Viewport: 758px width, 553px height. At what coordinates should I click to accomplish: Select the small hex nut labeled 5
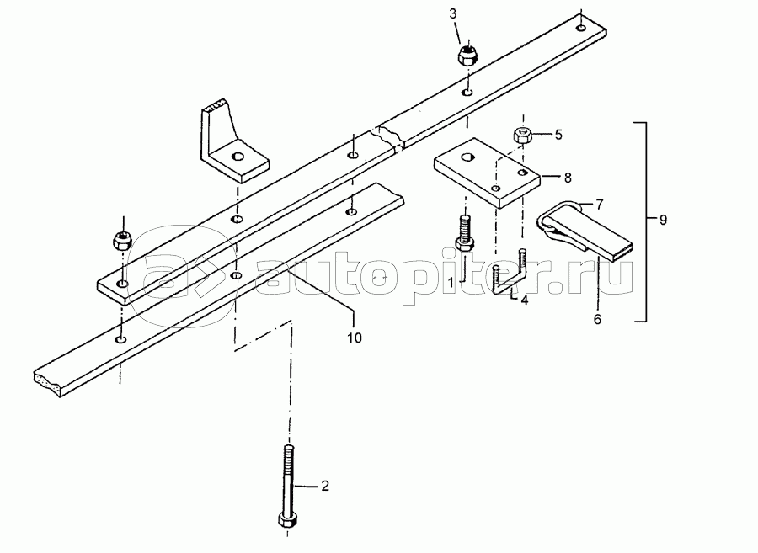click(x=521, y=133)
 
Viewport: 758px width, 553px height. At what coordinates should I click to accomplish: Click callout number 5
click(x=556, y=133)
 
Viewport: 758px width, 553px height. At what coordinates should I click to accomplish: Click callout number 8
click(x=567, y=178)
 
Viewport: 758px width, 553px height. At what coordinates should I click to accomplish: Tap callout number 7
click(x=601, y=205)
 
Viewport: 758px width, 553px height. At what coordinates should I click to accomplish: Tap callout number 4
click(x=524, y=300)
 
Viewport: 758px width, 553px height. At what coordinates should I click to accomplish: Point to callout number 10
click(x=355, y=338)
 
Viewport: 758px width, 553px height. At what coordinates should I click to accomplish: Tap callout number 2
click(x=325, y=487)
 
